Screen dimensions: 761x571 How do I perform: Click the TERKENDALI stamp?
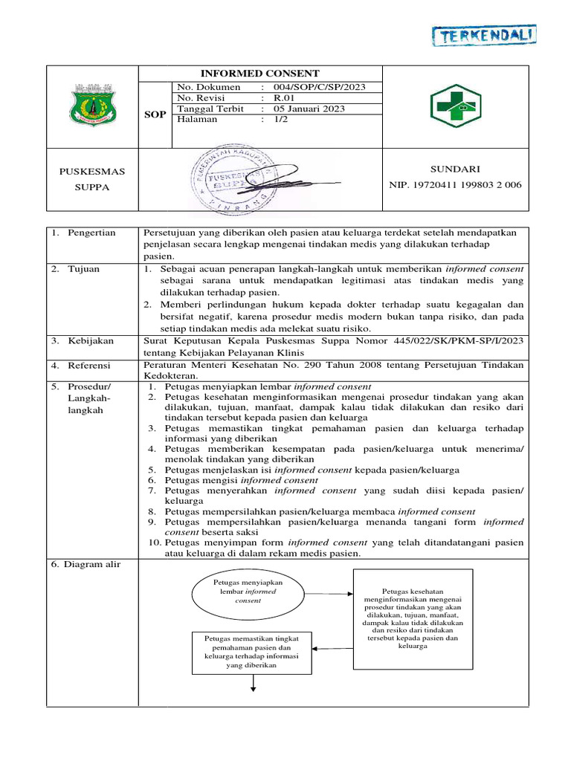(485, 35)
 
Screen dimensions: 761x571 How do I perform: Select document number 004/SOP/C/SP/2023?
(319, 87)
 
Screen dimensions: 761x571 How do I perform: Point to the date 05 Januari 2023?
(309, 109)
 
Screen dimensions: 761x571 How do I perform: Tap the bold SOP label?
(155, 115)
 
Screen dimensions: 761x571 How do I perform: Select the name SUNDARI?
(461, 169)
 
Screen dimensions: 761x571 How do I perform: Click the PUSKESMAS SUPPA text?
(92, 179)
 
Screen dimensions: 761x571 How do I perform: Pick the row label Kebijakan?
(90, 340)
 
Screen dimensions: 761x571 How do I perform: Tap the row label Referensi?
(89, 366)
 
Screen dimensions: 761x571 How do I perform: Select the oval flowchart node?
(248, 592)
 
